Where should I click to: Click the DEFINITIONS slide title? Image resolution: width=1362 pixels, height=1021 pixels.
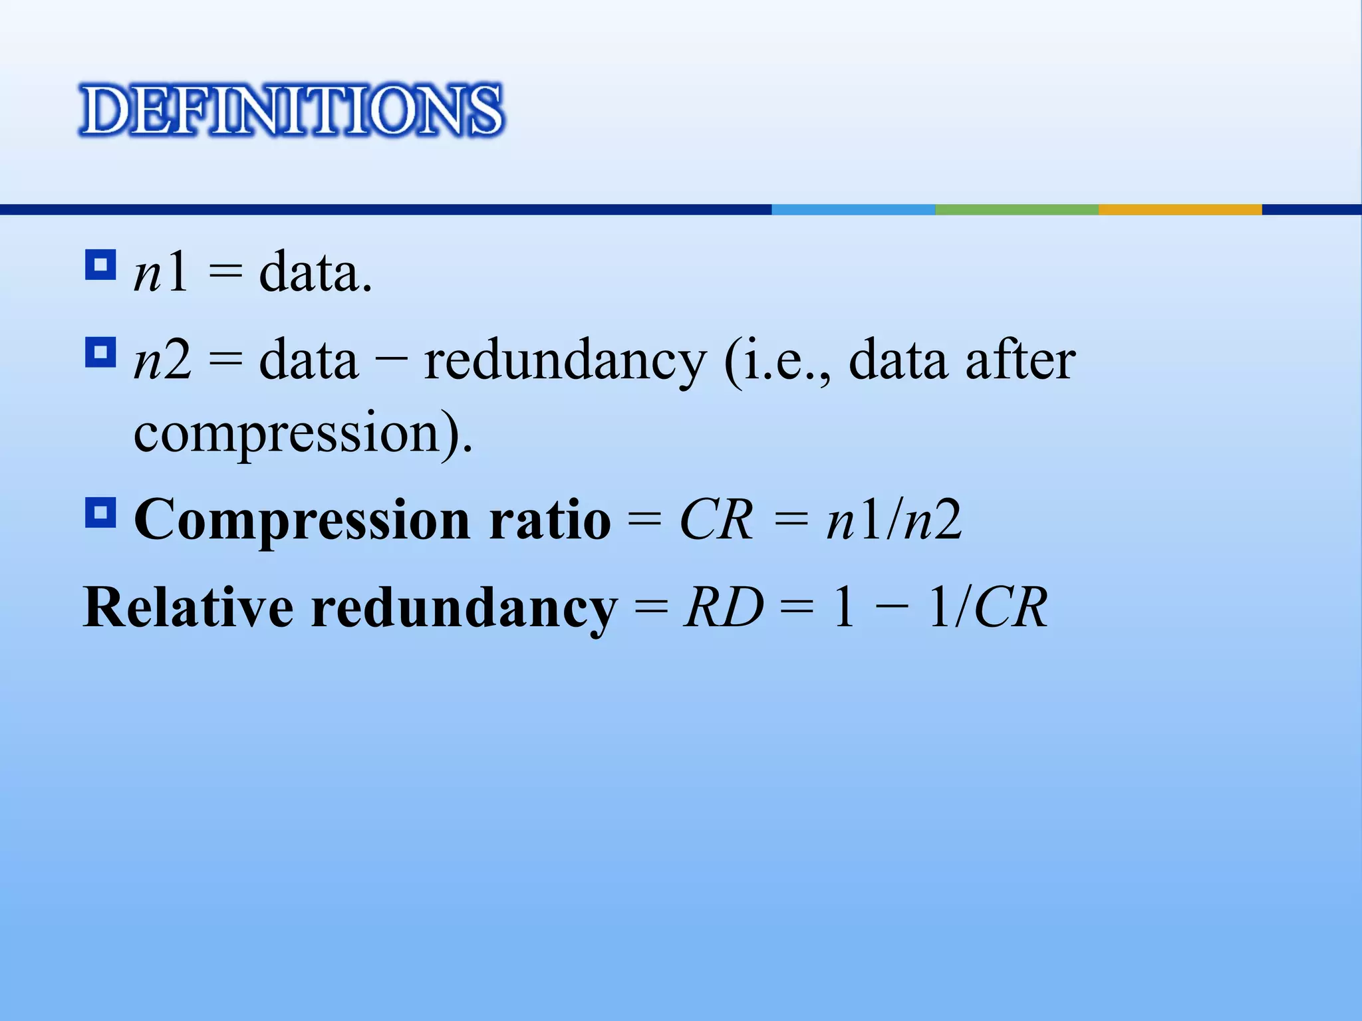(x=291, y=110)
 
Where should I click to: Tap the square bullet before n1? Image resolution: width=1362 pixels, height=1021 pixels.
(x=100, y=265)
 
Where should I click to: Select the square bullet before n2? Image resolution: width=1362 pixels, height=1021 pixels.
(x=100, y=352)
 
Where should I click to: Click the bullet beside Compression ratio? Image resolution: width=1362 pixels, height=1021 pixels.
(x=100, y=512)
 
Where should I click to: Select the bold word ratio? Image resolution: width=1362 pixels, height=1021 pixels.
(x=549, y=520)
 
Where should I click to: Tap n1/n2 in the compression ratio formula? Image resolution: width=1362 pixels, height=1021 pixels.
(x=893, y=520)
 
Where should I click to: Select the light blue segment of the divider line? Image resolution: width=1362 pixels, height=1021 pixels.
(x=853, y=209)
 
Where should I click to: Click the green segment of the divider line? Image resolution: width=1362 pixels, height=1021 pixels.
(x=1016, y=209)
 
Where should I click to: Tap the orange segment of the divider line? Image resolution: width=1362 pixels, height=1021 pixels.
(x=1180, y=209)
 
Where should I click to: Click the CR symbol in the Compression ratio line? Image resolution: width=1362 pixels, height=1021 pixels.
(x=716, y=520)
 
